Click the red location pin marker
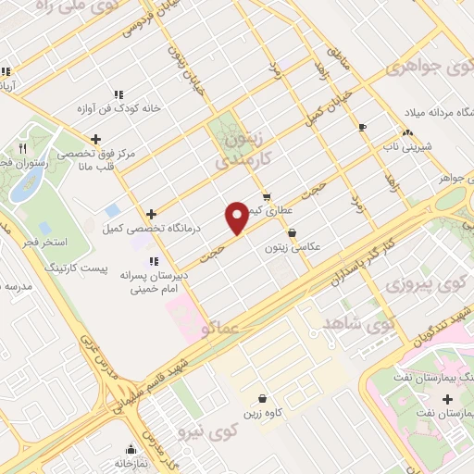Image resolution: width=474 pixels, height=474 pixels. click(237, 217)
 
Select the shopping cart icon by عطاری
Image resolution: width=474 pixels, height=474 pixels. click(267, 196)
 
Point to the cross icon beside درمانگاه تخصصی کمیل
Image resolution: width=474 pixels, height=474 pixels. click(151, 214)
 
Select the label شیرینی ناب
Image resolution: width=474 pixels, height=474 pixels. click(405, 146)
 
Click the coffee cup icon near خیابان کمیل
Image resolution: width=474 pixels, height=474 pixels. click(362, 127)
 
